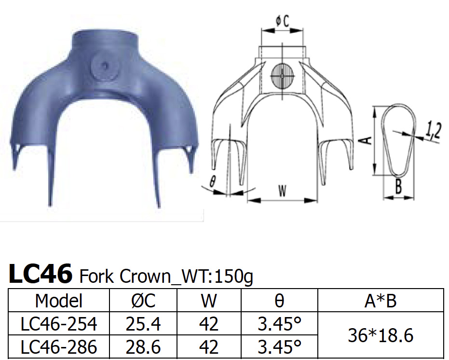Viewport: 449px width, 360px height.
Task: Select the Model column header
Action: point(59,301)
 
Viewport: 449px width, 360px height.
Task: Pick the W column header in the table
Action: point(208,301)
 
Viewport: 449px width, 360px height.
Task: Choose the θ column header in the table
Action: point(279,301)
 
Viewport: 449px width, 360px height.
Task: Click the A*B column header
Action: point(380,301)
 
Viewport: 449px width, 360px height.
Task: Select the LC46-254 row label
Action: point(59,324)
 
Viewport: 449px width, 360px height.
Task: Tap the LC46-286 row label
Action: point(59,347)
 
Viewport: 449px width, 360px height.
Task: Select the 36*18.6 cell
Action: point(380,335)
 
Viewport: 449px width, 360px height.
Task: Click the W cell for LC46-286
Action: point(208,347)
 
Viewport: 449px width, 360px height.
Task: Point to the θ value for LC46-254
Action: point(279,324)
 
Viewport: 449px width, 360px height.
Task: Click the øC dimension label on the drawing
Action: point(282,21)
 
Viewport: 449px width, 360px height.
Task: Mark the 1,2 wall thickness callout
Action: point(434,131)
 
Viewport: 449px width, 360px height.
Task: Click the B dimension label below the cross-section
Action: point(398,187)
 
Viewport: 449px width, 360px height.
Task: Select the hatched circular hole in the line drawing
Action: point(282,76)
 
